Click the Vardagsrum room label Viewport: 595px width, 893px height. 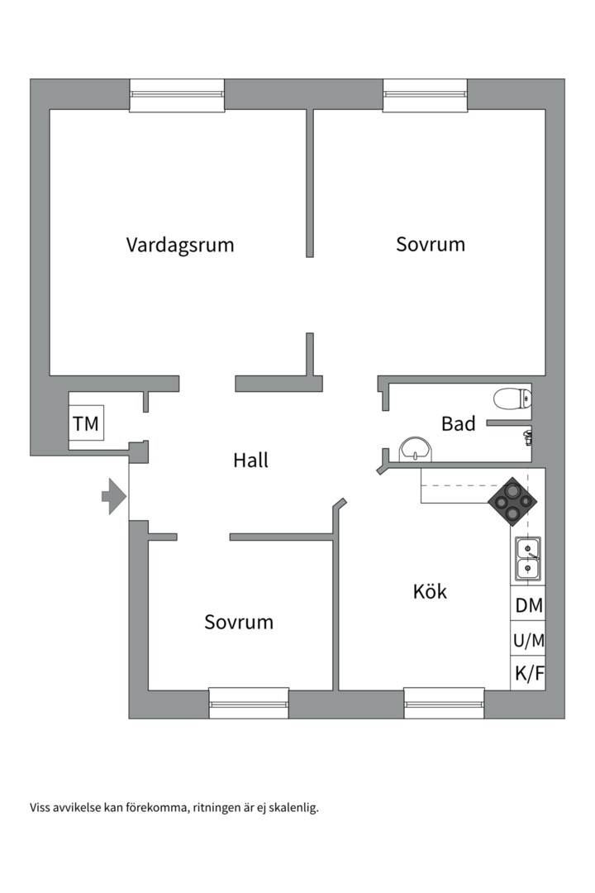180,245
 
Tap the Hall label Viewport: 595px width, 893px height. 250,461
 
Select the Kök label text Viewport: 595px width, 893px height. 430,591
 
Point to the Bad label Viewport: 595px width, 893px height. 458,424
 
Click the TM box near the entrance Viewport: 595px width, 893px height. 86,424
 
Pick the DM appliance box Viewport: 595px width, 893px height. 529,605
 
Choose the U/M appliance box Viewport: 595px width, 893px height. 529,640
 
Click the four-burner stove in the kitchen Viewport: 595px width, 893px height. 511,501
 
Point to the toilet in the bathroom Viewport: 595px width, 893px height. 512,399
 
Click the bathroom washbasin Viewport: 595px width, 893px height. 415,449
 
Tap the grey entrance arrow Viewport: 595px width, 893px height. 113,496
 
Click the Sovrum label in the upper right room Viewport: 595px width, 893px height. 430,245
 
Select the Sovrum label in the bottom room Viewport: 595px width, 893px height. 239,622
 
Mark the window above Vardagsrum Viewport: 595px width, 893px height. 177,95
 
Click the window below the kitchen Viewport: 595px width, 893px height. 444,703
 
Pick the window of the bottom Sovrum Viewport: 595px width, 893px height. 249,703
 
